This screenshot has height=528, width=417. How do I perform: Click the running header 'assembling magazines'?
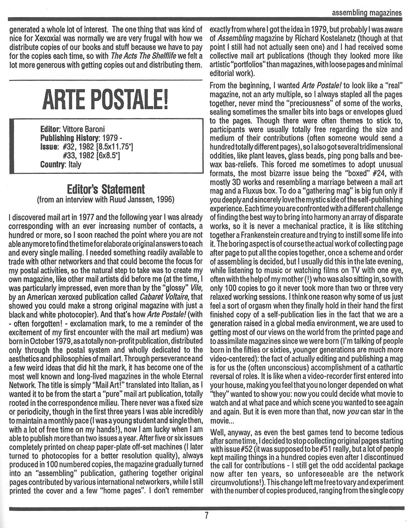coord(367,13)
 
